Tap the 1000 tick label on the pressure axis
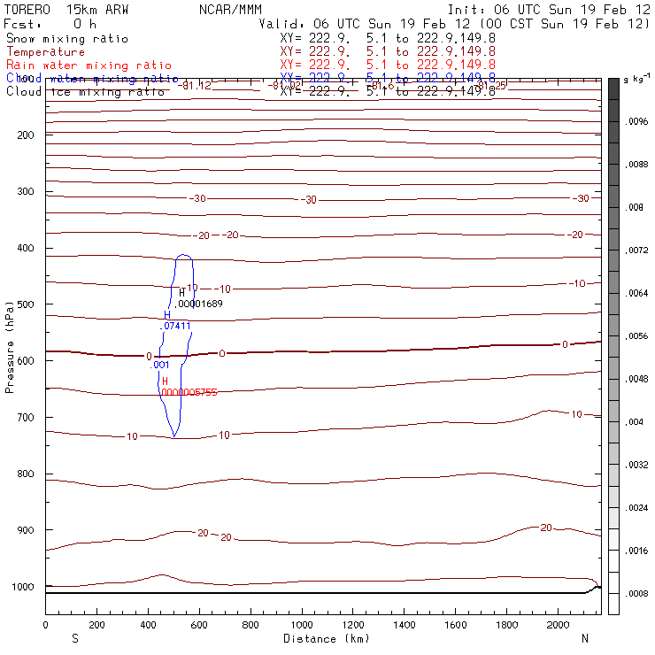click(22, 587)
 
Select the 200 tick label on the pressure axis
click(25, 135)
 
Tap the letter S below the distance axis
click(73, 638)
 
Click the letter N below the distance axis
click(584, 638)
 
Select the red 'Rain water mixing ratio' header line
click(89, 65)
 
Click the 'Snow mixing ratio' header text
click(66, 39)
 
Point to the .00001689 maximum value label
click(199, 304)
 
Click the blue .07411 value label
click(175, 326)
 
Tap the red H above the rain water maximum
click(165, 381)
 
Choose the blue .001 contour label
click(160, 365)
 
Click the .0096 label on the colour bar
click(638, 122)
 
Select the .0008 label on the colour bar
click(638, 593)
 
